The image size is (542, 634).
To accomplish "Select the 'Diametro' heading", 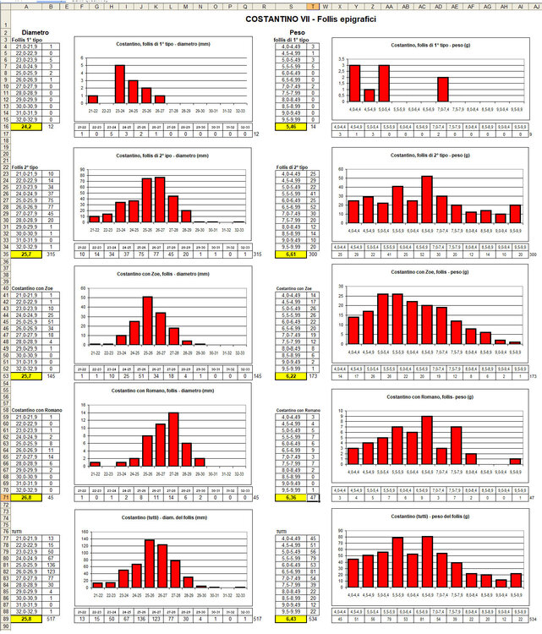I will coord(35,32).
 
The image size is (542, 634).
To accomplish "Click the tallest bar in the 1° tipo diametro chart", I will coord(119,85).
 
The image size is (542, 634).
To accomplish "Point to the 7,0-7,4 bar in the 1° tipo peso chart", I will coord(443,90).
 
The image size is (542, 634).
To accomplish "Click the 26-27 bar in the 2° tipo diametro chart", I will coord(160,199).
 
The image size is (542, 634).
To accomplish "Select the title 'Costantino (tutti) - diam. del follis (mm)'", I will coord(160,516).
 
